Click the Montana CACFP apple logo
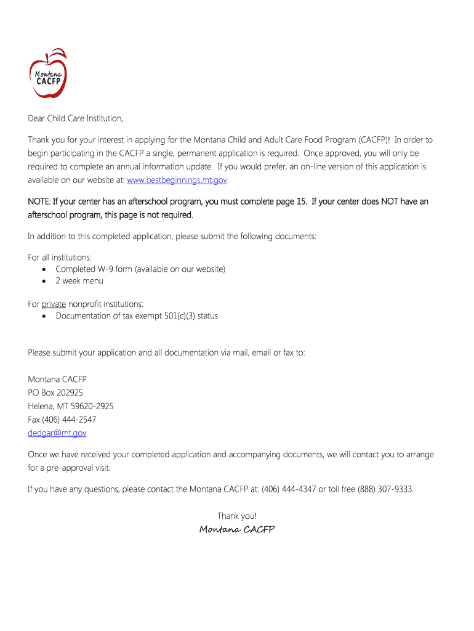(48, 73)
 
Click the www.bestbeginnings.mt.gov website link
(177, 181)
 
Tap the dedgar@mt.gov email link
(57, 433)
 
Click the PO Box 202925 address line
(55, 393)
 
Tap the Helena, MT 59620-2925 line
(71, 406)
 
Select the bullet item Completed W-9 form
(140, 269)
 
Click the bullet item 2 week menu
(79, 281)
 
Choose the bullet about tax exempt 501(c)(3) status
(137, 316)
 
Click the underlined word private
(54, 304)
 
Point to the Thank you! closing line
(237, 516)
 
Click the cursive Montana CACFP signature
(237, 530)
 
